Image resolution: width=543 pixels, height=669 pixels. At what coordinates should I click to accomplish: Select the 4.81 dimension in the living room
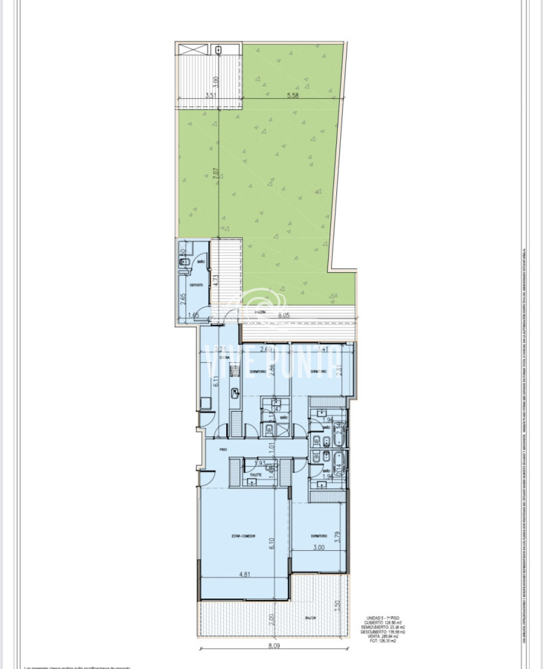point(243,574)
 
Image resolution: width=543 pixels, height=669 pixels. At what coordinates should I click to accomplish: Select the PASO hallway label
point(222,450)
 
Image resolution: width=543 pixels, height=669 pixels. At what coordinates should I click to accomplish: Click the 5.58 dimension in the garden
point(292,96)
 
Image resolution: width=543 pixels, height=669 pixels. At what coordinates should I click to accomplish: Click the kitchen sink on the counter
point(235,393)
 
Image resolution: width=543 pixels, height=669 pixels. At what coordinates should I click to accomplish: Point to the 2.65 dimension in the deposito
point(183,300)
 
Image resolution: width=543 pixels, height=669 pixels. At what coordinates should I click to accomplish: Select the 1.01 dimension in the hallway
point(273,448)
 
